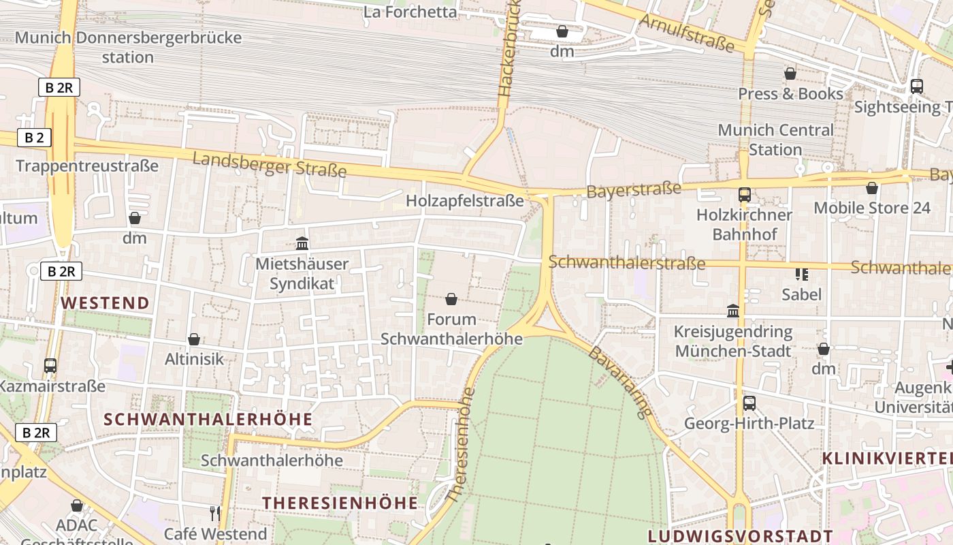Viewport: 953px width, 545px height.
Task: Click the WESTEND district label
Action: [x=106, y=303]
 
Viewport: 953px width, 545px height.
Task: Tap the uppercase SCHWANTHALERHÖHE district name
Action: [x=208, y=419]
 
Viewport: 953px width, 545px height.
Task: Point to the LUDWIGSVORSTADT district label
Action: [x=740, y=536]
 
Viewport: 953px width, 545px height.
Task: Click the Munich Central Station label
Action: [x=775, y=140]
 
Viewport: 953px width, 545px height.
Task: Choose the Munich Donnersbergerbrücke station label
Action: [x=128, y=47]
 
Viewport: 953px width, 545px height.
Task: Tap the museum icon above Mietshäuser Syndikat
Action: [x=302, y=243]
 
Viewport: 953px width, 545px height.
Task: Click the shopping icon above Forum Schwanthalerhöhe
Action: [x=451, y=299]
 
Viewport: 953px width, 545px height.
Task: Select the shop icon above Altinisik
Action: [x=194, y=339]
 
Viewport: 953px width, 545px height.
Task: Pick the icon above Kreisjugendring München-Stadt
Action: [x=732, y=311]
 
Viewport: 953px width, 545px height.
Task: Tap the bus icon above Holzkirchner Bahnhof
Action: [x=744, y=195]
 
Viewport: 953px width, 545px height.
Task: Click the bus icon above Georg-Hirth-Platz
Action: [x=749, y=403]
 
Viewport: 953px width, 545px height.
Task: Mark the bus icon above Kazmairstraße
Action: [x=50, y=366]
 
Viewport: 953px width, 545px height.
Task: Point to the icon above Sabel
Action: [x=801, y=275]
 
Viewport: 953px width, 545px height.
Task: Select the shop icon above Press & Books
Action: [x=790, y=74]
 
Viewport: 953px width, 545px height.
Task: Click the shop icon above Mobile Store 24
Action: [x=871, y=188]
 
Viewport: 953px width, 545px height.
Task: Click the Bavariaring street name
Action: [x=619, y=382]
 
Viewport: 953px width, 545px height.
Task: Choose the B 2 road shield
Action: [x=34, y=138]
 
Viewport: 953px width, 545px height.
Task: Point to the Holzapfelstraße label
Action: [x=465, y=201]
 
